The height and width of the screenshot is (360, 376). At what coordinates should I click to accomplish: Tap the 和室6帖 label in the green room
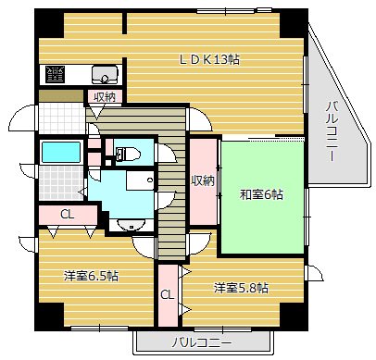click(262, 194)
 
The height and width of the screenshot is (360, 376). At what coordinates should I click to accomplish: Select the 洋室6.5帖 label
click(91, 277)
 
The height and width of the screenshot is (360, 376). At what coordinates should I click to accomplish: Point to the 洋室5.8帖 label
click(242, 287)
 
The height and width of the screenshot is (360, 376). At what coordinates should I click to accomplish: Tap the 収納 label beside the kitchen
click(104, 96)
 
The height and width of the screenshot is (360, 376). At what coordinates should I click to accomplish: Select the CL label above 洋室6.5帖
click(67, 215)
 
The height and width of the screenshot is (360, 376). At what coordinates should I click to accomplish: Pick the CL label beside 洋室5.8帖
click(167, 295)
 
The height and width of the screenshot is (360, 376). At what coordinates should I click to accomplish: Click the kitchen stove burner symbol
click(56, 74)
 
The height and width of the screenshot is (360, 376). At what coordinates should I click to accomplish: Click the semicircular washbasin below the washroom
click(127, 223)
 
